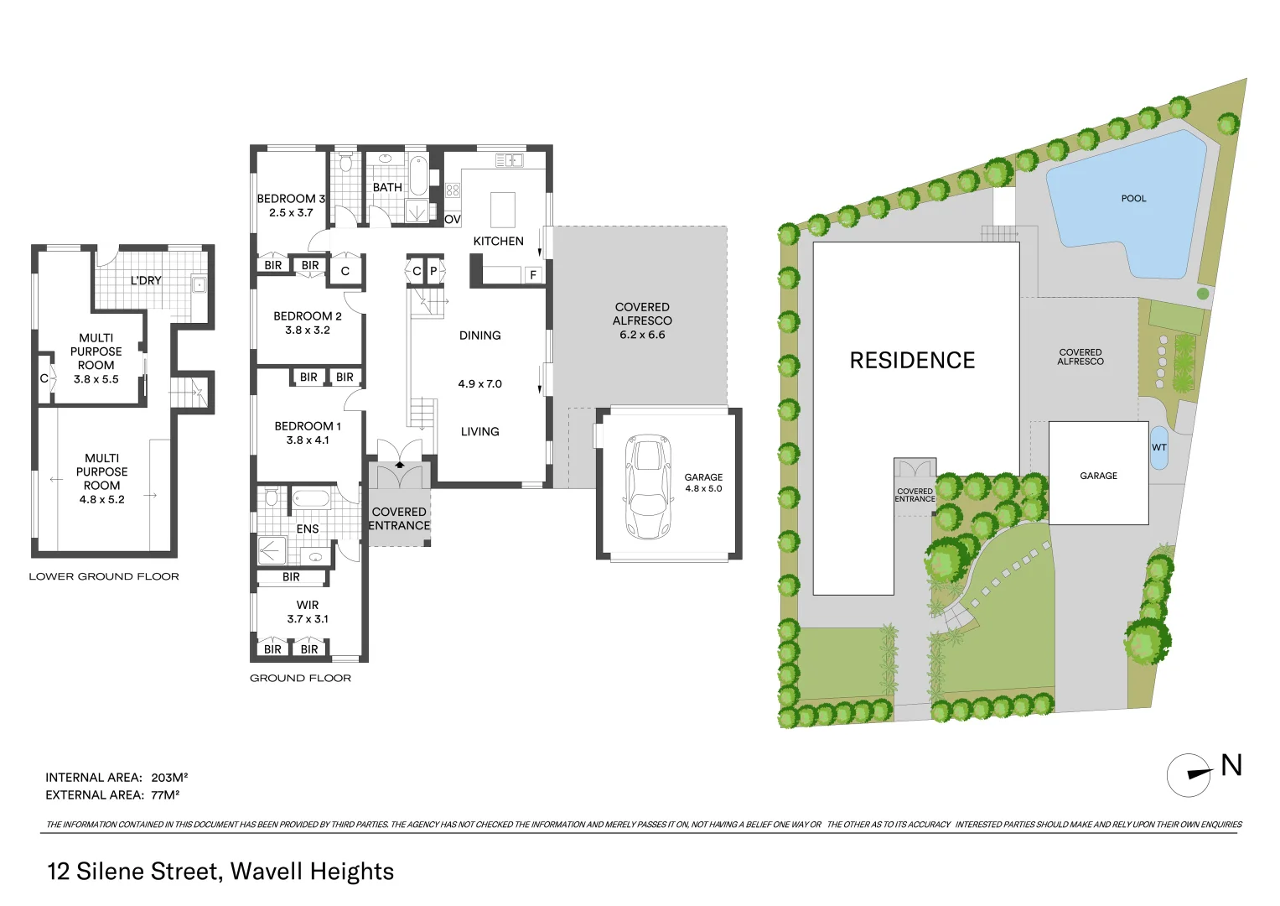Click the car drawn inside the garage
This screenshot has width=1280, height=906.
(647, 487)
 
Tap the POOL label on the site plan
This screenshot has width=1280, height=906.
(1133, 199)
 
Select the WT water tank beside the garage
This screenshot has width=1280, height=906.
(1158, 448)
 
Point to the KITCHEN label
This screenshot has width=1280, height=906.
(498, 242)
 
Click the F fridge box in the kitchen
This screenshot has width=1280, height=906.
(533, 275)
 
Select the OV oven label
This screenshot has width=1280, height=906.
(453, 220)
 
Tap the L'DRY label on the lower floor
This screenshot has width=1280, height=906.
(146, 281)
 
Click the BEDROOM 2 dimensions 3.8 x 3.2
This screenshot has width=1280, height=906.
(308, 331)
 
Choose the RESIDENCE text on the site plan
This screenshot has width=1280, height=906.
(912, 361)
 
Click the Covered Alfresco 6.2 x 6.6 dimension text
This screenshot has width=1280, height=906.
(642, 335)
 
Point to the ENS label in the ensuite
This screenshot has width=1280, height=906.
(308, 529)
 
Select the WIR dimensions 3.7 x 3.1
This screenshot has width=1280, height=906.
(308, 619)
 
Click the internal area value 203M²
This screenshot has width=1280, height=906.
(169, 778)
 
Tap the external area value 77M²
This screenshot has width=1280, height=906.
(165, 795)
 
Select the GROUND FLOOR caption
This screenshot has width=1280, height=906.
(300, 679)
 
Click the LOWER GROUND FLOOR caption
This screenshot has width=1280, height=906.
(104, 577)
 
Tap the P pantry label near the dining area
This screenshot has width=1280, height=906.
(433, 272)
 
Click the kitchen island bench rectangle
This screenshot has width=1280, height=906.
(502, 210)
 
